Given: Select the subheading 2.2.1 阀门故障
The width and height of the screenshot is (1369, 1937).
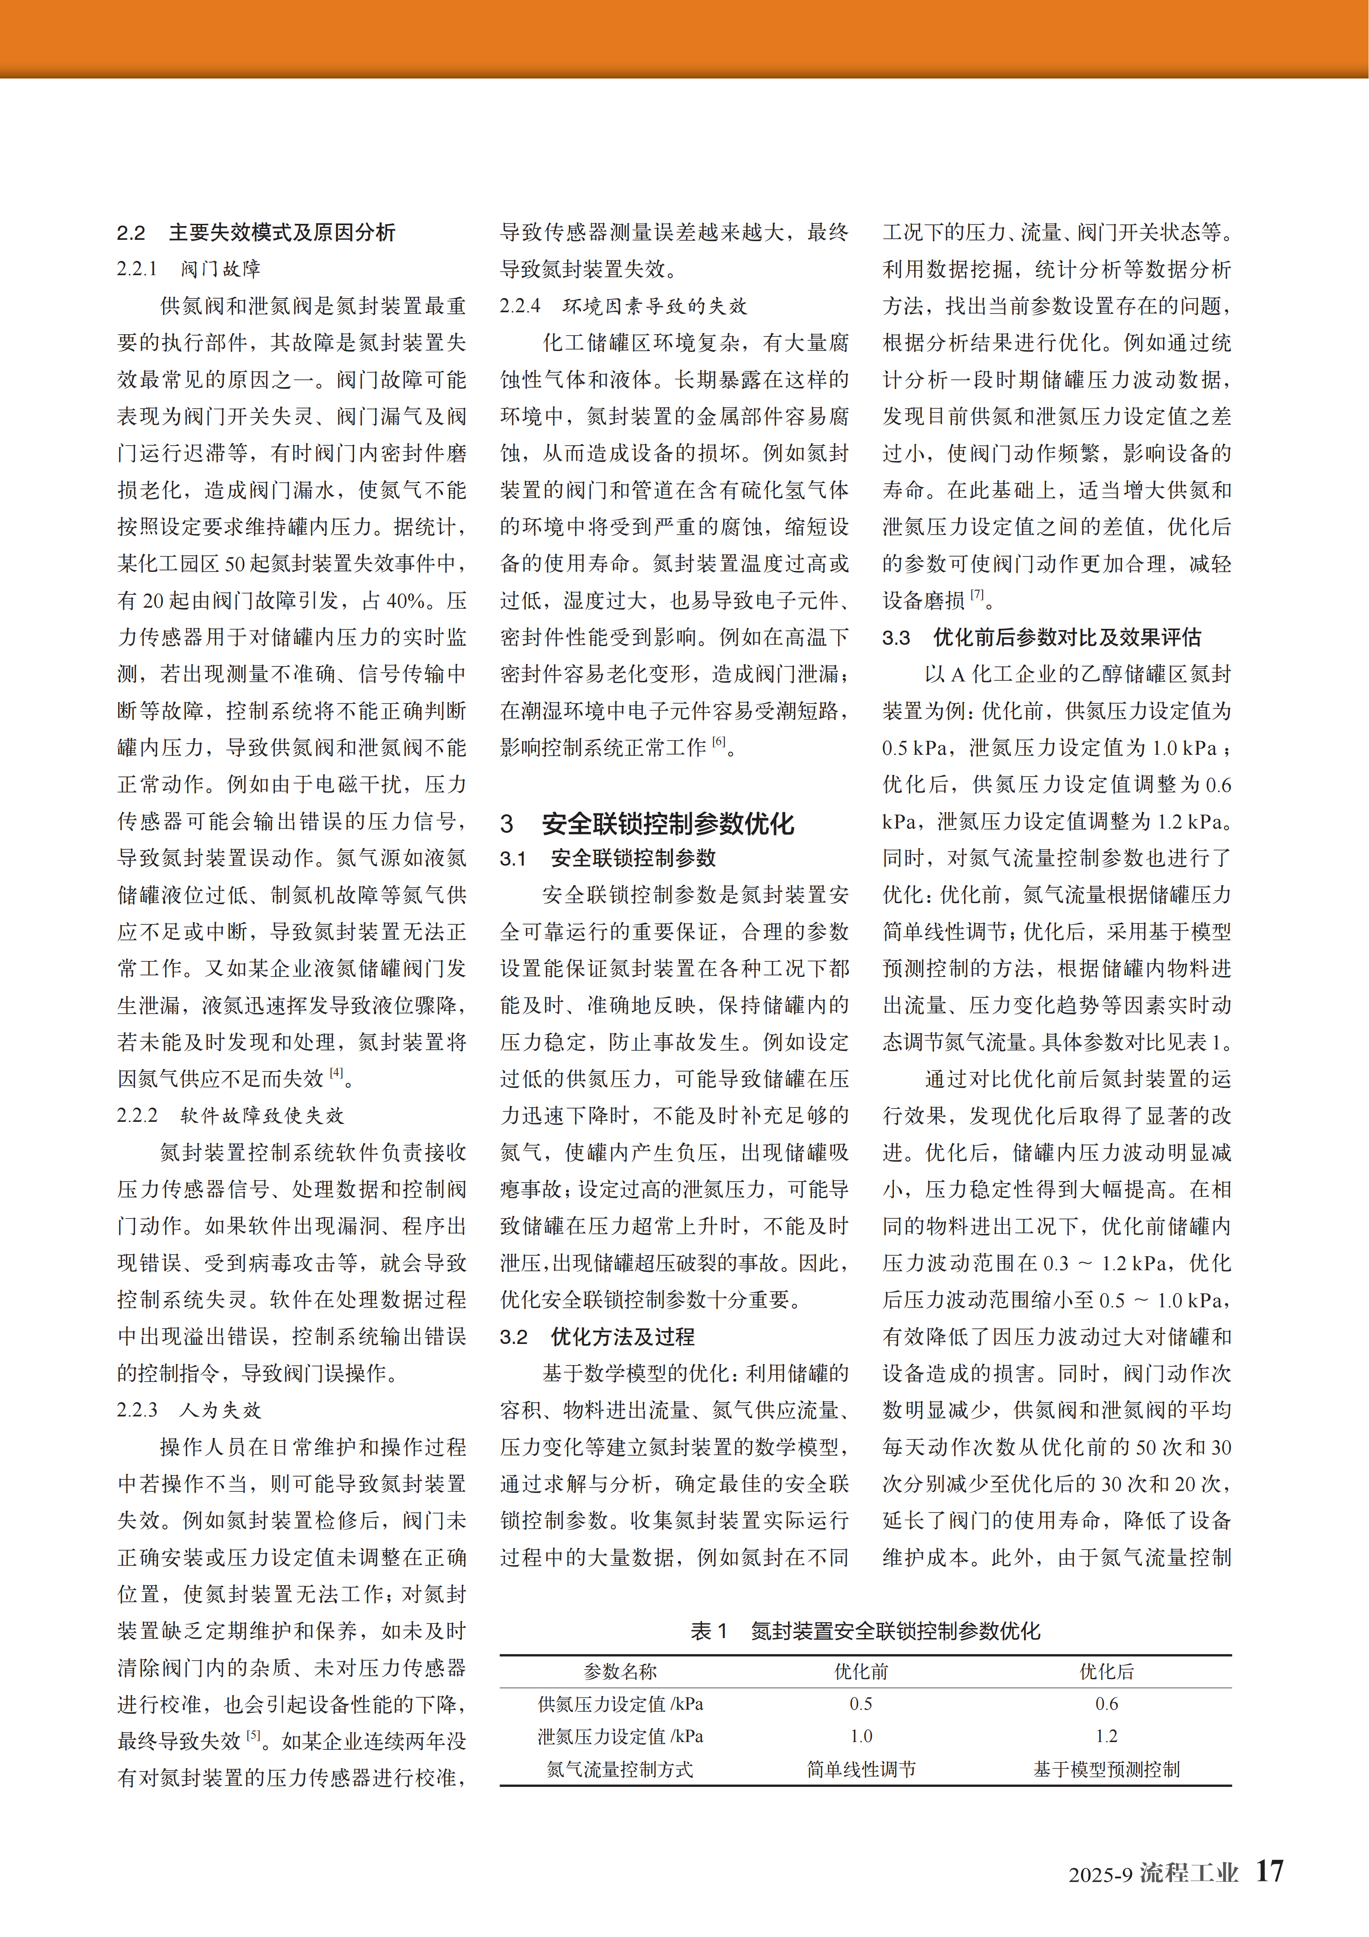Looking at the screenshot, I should [189, 269].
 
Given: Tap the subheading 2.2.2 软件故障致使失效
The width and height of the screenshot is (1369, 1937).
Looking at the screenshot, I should [230, 1115].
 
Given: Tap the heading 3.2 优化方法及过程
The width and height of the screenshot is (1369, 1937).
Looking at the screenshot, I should [597, 1336].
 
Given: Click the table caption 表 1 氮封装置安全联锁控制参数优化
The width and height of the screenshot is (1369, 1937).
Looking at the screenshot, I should [865, 1631].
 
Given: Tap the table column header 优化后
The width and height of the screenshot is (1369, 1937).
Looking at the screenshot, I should [1107, 1671].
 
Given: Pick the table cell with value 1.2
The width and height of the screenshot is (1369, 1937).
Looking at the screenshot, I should [1107, 1736].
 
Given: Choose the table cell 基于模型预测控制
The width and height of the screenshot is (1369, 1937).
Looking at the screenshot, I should [1107, 1769].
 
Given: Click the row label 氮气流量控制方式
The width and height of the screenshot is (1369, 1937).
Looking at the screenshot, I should [620, 1769].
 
